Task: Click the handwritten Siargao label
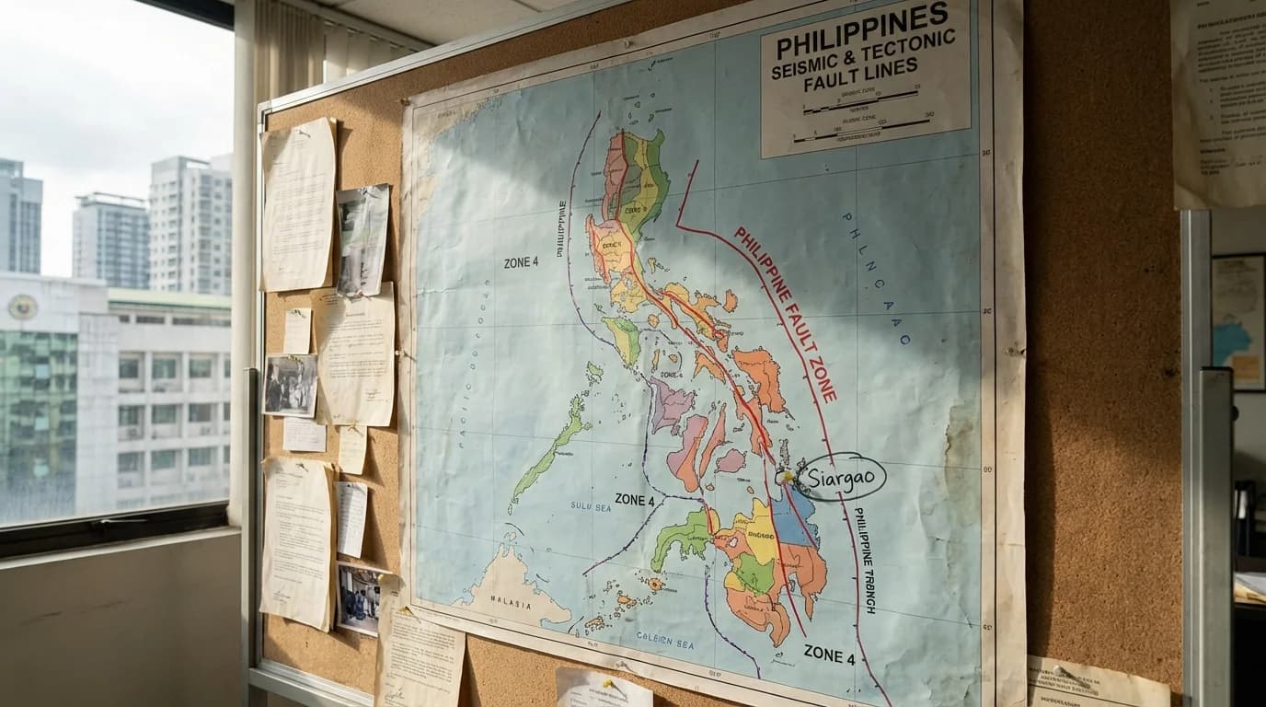point(841,477)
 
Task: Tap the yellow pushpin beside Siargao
point(785,477)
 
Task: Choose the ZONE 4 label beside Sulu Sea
point(634,500)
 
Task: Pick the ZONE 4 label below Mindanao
point(829,656)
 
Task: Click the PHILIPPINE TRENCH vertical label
point(864,560)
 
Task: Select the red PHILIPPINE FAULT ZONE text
point(785,314)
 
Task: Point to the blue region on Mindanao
point(792,521)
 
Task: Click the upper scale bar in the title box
point(859,100)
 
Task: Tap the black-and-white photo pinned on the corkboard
point(290,385)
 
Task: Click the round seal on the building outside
point(22,307)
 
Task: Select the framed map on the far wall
point(1237,322)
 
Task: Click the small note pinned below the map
point(603,688)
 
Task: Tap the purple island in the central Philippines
point(671,405)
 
